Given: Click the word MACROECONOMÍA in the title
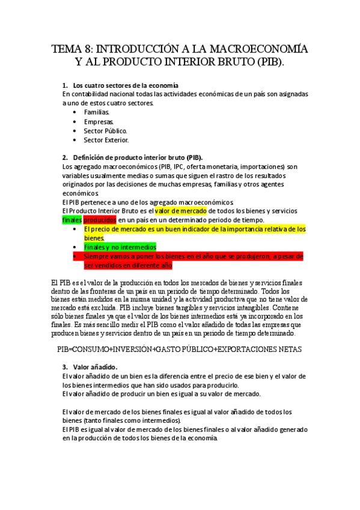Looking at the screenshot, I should tap(252, 49).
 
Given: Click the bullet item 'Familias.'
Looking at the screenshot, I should tap(97, 112).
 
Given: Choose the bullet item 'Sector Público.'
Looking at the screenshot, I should tap(105, 131).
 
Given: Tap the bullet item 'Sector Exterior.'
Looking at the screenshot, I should tap(106, 140).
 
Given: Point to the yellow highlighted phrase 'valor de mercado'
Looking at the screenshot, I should tap(180, 211).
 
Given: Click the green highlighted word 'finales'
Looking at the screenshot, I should tap(72, 220).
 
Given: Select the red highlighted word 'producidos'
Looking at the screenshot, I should tap(100, 220).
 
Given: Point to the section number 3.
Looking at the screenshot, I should tap(65, 367).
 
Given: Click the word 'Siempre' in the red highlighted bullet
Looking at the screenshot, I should tap(96, 256).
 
